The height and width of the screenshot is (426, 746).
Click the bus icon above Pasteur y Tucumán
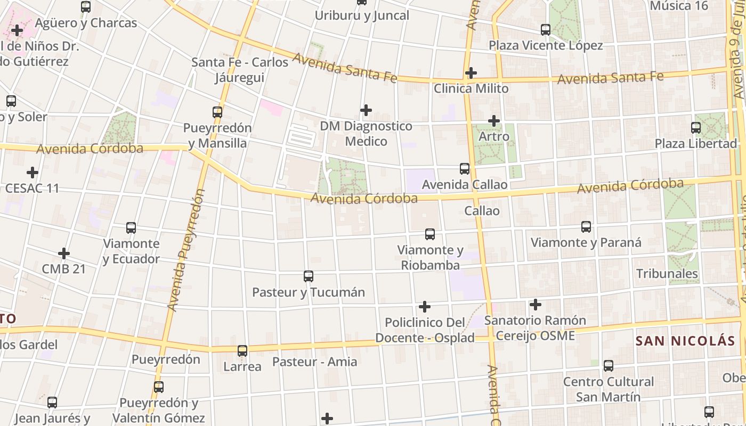click(309, 276)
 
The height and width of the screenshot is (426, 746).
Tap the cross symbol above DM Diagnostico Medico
click(366, 110)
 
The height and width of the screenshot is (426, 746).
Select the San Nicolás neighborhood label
click(685, 341)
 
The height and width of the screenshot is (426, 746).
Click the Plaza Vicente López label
click(546, 45)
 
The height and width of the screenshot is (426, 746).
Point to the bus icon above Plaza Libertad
click(696, 127)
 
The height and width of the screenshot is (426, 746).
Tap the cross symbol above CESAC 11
click(33, 173)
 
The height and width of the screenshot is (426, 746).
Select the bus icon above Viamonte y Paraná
click(586, 227)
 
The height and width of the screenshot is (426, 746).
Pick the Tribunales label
click(667, 274)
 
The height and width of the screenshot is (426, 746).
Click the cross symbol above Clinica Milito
click(471, 72)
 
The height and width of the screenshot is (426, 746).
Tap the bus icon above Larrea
click(242, 351)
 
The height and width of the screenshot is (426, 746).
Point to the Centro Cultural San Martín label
click(608, 389)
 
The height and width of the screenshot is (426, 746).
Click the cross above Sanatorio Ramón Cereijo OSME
click(536, 305)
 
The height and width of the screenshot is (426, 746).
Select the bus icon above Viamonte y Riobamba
click(430, 234)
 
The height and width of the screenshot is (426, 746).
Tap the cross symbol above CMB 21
click(64, 253)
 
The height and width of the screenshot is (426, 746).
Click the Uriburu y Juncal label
click(362, 15)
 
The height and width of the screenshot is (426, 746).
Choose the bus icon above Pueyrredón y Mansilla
click(217, 112)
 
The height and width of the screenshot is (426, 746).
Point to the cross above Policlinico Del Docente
click(425, 307)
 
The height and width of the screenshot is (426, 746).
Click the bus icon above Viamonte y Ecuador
click(131, 228)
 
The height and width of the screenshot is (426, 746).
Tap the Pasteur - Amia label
click(314, 362)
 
